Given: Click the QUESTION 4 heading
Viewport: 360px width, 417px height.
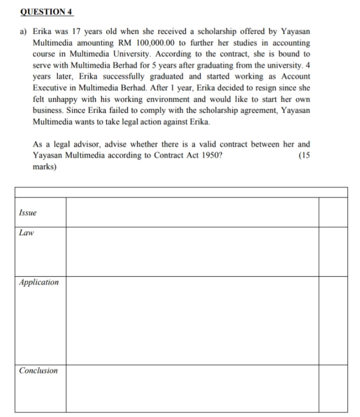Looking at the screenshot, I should click(39, 11).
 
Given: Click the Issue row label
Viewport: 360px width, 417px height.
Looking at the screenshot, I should click(28, 212).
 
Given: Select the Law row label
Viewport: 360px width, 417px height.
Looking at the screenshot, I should click(27, 233).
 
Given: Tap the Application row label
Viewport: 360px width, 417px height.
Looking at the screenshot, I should click(39, 282).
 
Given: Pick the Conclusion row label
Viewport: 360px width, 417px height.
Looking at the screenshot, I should click(38, 370).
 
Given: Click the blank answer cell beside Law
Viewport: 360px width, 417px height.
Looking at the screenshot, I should click(192, 251).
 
